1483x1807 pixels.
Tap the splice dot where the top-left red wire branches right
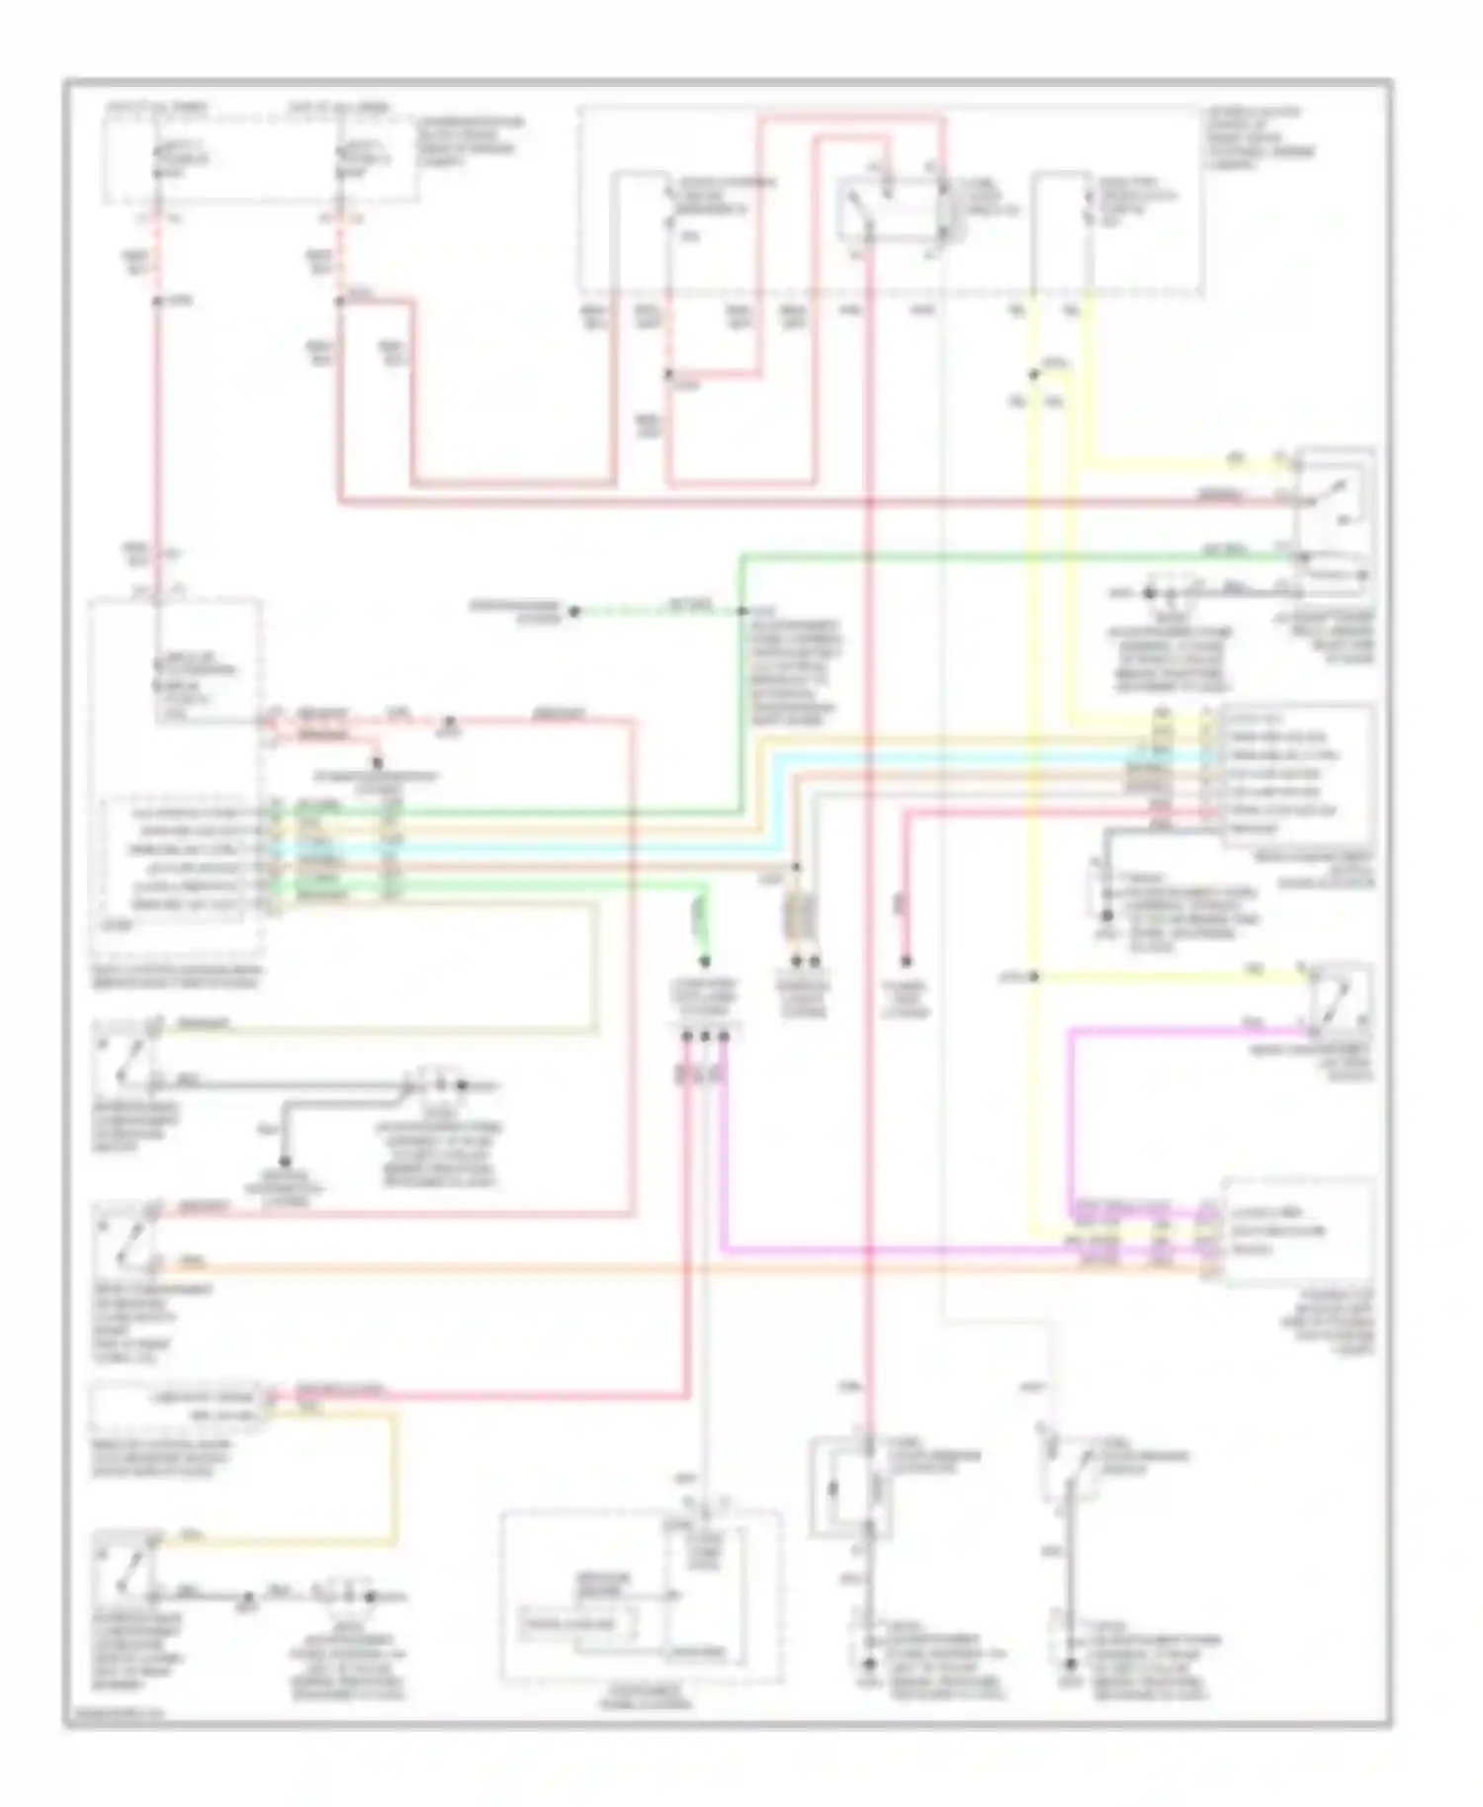pos(340,301)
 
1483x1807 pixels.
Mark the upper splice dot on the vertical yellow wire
pos(1033,374)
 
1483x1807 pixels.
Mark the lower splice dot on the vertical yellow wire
pos(1033,977)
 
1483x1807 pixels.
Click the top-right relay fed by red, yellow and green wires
pos(1334,514)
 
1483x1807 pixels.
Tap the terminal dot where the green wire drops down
pos(706,961)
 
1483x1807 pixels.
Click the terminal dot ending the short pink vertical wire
pos(906,961)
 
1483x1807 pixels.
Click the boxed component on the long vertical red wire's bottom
pos(850,1488)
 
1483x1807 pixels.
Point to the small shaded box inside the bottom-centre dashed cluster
pos(579,1623)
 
